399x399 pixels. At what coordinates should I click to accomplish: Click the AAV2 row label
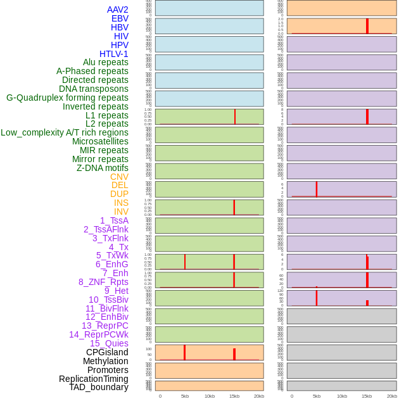117,9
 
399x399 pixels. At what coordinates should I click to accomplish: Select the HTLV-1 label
113,54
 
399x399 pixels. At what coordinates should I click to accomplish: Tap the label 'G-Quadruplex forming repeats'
67,98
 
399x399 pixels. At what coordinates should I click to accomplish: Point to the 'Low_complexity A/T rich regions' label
65,132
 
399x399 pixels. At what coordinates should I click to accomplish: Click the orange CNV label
119,177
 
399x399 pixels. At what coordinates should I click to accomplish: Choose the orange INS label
121,203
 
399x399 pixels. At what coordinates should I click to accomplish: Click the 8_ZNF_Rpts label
103,282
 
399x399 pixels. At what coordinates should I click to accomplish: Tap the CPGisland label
107,352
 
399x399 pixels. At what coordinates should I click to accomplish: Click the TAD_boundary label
98,387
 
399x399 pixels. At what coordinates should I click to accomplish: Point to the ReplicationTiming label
93,379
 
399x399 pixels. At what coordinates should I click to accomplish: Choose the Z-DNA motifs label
102,168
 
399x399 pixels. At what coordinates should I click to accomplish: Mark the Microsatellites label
100,141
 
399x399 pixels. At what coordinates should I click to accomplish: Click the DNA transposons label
94,89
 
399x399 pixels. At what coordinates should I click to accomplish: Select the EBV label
120,18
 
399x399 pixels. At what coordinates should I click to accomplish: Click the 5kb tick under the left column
185,396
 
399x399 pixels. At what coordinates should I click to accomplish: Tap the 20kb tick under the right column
392,396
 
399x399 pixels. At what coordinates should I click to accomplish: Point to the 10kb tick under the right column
342,396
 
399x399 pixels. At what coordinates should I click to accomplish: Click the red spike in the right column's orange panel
367,26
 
